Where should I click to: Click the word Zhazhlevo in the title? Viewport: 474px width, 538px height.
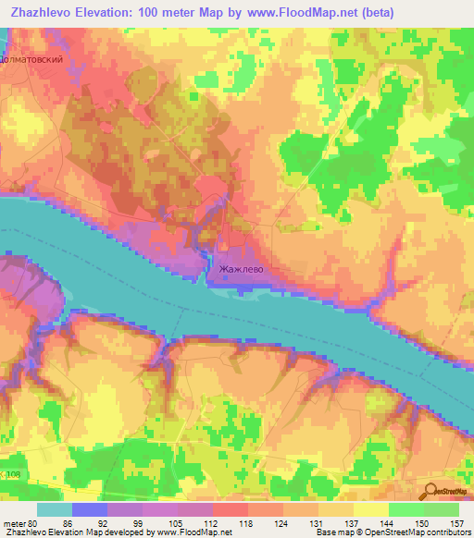point(43,12)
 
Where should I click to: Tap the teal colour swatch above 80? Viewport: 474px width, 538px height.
point(55,509)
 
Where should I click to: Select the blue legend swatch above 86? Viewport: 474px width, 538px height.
point(90,509)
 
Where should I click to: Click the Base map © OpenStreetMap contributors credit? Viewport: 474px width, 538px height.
point(392,533)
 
